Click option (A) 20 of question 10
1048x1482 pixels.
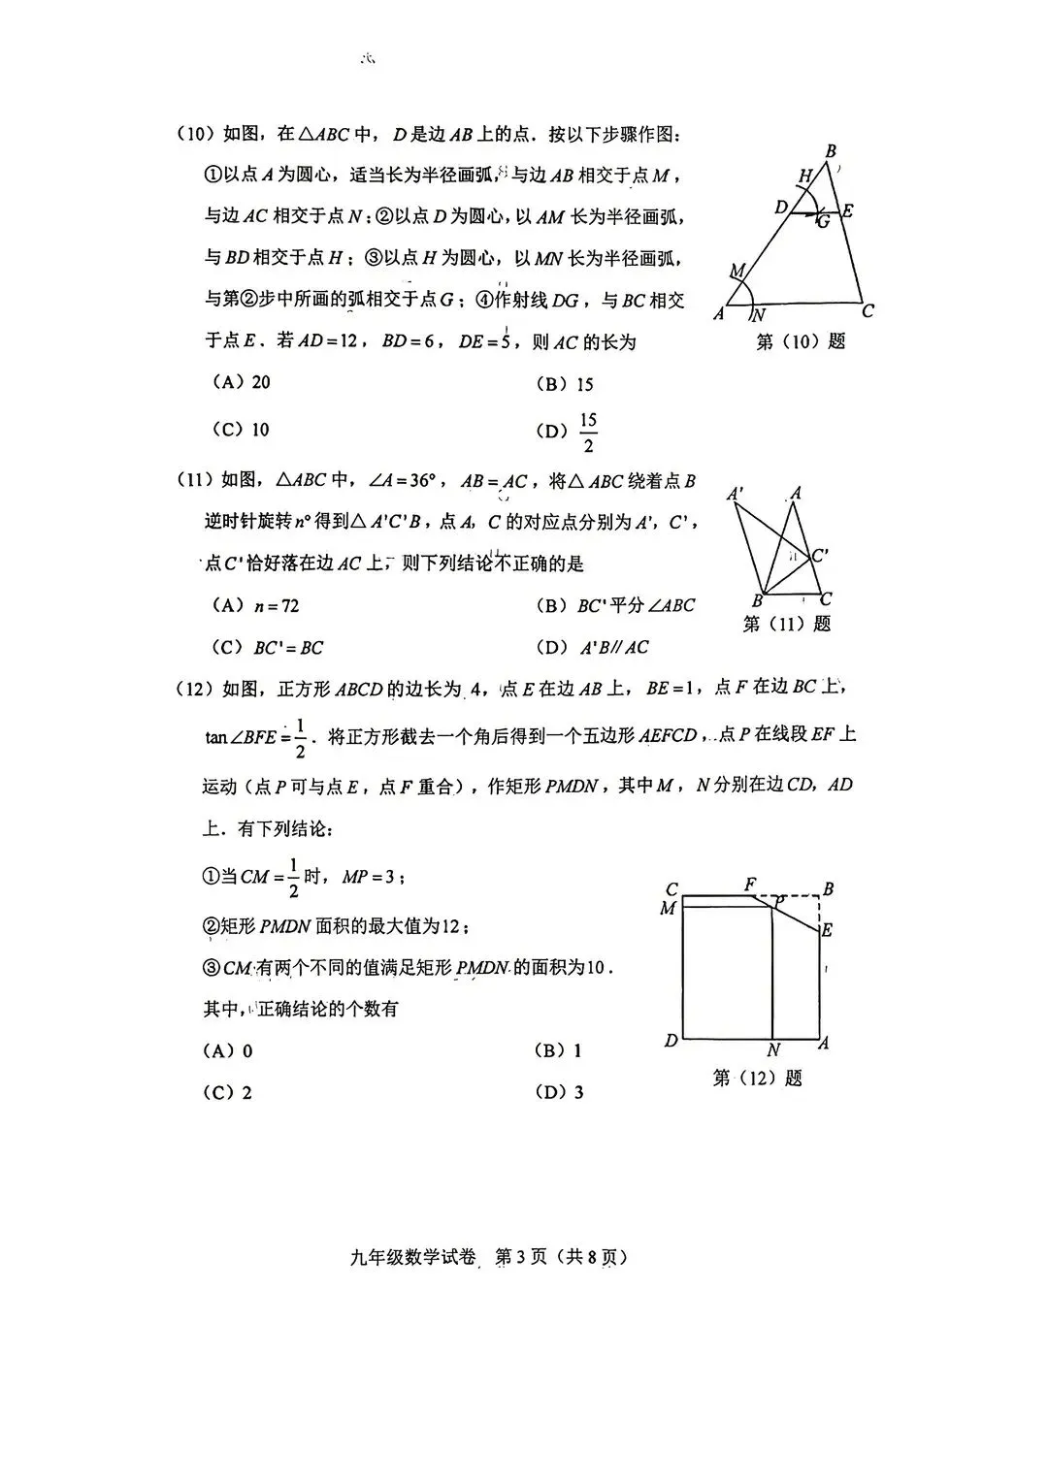coord(242,382)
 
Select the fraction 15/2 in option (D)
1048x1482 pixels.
coord(588,433)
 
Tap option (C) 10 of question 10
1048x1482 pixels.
coord(241,430)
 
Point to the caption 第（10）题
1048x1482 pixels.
coord(800,341)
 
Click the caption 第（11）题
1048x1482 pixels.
coord(786,624)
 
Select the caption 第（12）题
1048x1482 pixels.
coord(757,1078)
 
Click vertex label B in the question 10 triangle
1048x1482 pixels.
coord(831,151)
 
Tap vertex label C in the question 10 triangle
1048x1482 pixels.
coord(868,311)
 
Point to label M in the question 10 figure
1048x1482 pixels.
coord(737,271)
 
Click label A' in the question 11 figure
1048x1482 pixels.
coord(737,495)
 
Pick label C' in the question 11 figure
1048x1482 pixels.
coord(820,556)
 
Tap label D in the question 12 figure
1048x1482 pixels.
coord(671,1041)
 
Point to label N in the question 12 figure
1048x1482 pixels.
coord(773,1050)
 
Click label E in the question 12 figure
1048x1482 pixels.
coord(827,930)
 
